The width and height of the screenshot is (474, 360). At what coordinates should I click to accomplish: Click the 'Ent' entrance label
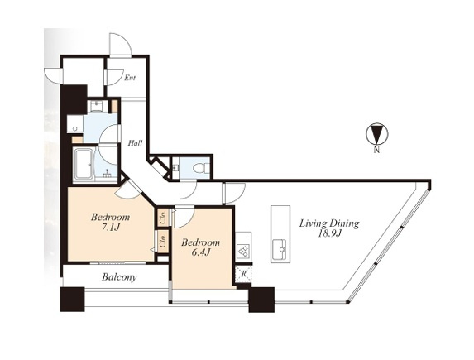coord(130,78)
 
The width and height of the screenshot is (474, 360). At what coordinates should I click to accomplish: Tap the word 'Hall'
coord(135,143)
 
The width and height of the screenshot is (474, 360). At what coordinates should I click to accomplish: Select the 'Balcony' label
coord(119,277)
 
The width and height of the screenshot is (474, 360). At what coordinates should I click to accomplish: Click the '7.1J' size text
coord(111,228)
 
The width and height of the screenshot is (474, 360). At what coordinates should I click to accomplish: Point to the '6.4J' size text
coord(201,253)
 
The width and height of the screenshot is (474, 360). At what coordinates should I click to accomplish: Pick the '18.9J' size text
coord(329,234)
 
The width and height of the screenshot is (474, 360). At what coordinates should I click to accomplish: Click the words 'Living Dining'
coord(329,223)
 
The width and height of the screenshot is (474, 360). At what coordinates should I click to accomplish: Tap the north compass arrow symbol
coord(377,133)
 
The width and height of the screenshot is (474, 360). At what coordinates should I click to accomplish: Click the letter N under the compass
coord(376,150)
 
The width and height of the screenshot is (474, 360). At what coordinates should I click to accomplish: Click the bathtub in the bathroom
coord(84,164)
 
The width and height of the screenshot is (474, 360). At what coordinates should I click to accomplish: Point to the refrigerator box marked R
coord(244,275)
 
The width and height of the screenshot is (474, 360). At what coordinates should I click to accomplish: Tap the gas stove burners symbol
coord(244,250)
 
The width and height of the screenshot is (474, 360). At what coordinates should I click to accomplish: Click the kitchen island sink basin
coord(280,249)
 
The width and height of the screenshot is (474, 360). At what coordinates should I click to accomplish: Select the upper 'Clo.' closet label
coord(164,217)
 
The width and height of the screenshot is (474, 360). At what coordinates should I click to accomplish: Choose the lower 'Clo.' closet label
coord(164,242)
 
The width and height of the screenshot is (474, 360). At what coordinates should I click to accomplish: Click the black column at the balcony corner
coord(72,300)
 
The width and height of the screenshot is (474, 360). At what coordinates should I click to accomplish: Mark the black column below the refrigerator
coord(261,300)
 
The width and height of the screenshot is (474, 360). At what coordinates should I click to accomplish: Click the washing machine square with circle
coord(75,124)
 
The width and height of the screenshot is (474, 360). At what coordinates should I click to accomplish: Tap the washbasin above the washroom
coord(97,105)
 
